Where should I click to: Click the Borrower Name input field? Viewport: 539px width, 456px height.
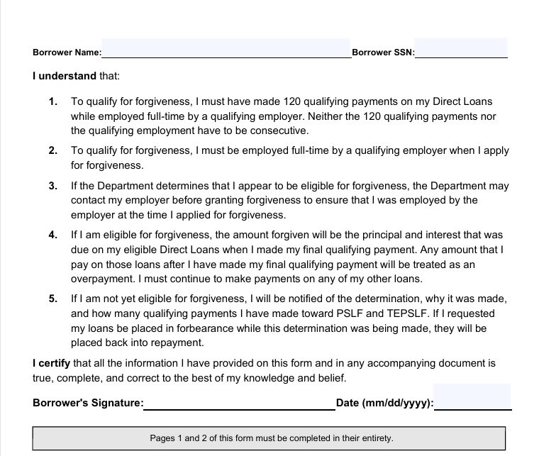[226, 48]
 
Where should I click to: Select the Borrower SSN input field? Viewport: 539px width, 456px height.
[461, 48]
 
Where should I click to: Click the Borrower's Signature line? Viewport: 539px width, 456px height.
[240, 403]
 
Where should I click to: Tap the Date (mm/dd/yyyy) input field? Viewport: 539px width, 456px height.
[472, 397]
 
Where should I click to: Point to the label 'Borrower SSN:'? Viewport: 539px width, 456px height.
[383, 52]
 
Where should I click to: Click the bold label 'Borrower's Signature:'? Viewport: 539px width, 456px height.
[88, 403]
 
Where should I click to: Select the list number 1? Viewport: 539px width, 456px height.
[53, 101]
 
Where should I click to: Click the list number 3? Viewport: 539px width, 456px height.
[53, 186]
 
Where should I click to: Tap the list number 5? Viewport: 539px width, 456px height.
[53, 299]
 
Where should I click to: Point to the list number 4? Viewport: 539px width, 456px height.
[53, 235]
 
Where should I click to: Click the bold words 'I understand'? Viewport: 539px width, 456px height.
[65, 75]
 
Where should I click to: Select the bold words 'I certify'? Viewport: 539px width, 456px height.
[52, 363]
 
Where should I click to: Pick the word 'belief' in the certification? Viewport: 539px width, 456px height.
[330, 378]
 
